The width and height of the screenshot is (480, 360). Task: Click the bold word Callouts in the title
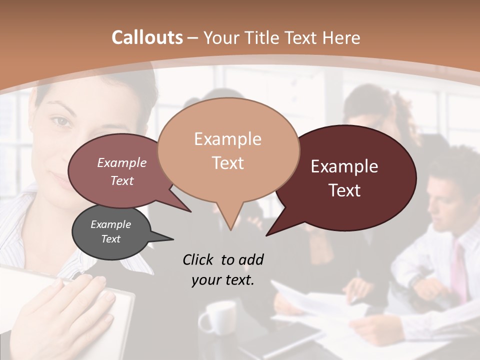[147, 37]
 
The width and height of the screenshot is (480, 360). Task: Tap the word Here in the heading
[341, 37]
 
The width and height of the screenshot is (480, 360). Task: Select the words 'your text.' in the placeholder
[222, 280]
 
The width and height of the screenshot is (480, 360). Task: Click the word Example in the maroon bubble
[344, 166]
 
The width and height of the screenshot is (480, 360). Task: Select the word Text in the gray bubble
[111, 239]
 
